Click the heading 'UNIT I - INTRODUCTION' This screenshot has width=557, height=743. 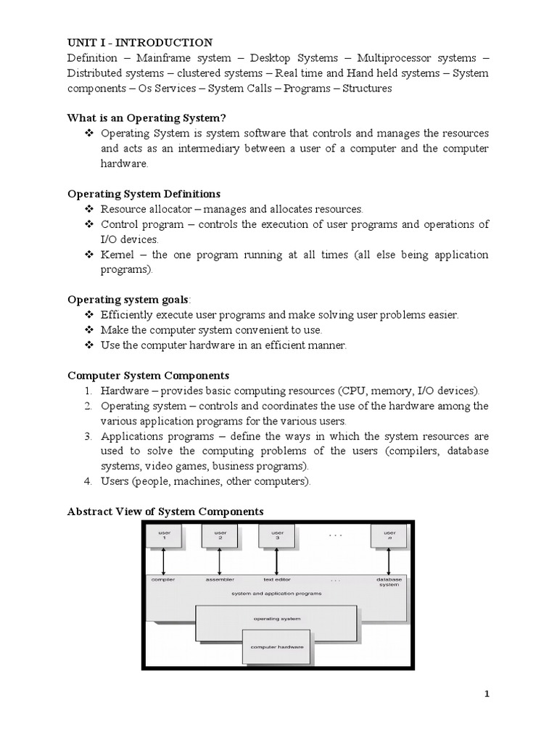[140, 43]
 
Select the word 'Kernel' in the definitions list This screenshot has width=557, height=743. [117, 254]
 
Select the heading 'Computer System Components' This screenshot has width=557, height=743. [148, 375]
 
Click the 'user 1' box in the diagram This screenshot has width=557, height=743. [164, 536]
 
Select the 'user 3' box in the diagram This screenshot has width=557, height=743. [277, 536]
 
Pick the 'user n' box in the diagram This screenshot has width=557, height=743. [389, 536]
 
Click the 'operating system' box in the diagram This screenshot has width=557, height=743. [276, 619]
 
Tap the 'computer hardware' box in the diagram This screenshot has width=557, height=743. [277, 646]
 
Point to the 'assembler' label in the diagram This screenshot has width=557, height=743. [220, 580]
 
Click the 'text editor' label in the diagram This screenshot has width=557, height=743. [277, 580]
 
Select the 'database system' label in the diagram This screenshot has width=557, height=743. [389, 582]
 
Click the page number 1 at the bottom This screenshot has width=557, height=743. [487, 694]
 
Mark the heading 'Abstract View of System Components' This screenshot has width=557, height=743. [165, 512]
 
